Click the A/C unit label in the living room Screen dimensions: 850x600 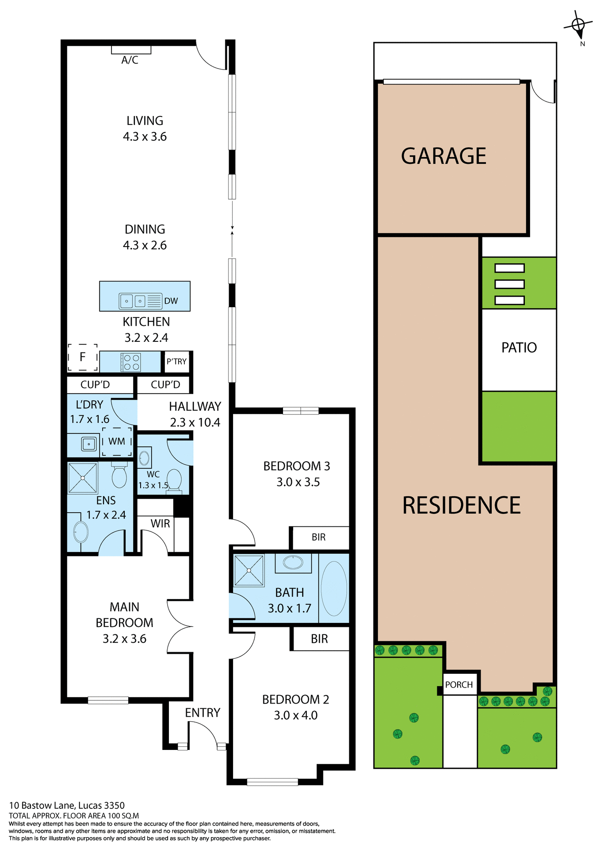coord(130,60)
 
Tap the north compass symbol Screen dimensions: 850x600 coord(578,25)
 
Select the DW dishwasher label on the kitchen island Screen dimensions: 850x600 coord(171,301)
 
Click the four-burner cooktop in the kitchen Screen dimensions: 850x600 coord(131,362)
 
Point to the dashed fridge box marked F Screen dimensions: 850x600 coord(83,357)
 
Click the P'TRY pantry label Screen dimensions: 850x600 coord(176,362)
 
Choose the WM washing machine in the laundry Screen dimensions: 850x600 coord(117,441)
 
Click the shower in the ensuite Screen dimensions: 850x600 coord(83,478)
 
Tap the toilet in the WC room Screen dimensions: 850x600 coord(174,479)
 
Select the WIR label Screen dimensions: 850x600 coord(160,524)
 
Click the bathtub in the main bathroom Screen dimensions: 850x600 coord(334,588)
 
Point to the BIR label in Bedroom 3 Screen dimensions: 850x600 coord(318,537)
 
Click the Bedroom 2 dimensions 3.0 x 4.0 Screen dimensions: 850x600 coord(296,715)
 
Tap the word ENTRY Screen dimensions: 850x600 coord(203,713)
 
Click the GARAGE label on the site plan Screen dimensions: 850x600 coord(443,156)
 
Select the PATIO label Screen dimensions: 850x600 coord(519,348)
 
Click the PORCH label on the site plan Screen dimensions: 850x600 coord(459,685)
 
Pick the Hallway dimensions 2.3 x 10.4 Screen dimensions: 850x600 coord(195,423)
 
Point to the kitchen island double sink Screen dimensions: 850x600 coord(133,301)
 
